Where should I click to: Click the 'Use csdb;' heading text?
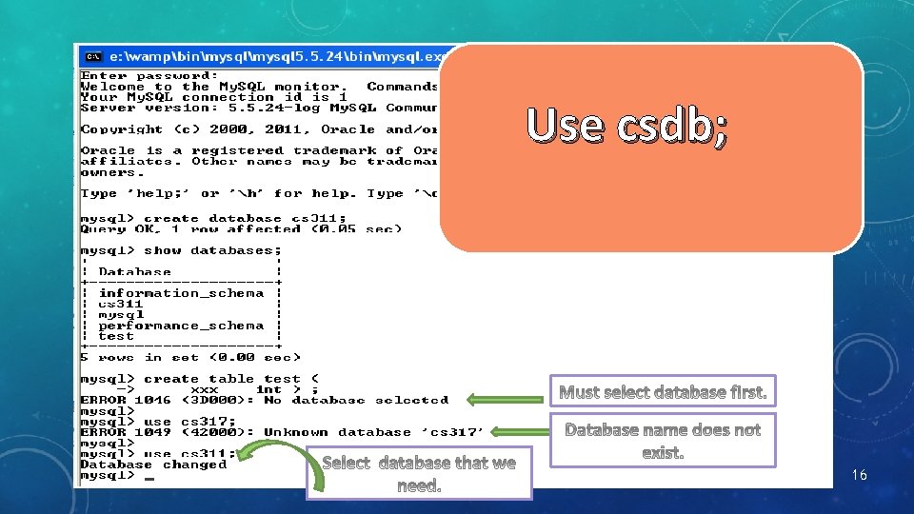(x=627, y=127)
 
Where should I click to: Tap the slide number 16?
(x=860, y=474)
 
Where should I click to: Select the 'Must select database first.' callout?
(x=663, y=392)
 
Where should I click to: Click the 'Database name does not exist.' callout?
(x=663, y=441)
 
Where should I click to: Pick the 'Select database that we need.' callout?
(x=419, y=474)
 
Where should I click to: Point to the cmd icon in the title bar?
(x=94, y=56)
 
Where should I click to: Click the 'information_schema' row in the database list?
(x=181, y=293)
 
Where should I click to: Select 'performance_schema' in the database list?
(x=181, y=326)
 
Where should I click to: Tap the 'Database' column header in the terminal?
(x=135, y=272)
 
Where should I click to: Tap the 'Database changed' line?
(x=152, y=465)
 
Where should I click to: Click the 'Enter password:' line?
(x=149, y=75)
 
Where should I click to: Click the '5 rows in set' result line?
(x=190, y=357)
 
